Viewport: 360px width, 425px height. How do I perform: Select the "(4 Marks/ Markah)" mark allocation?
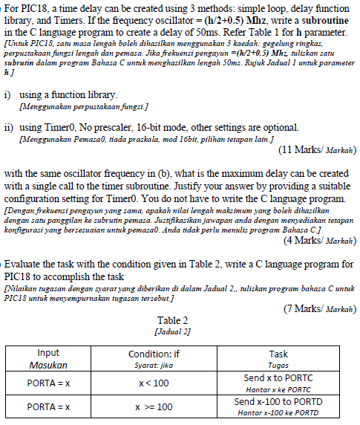coord(318,240)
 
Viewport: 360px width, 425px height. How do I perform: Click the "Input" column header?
coord(48,353)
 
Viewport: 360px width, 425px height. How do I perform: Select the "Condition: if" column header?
coord(154,354)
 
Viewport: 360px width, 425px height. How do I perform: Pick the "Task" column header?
coord(278,354)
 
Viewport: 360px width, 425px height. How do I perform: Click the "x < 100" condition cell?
coord(154,383)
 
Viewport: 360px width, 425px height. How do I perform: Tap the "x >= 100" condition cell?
coord(154,407)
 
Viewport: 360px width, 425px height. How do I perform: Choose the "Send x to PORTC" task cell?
coord(278,377)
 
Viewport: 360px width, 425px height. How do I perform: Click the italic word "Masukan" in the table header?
coord(48,366)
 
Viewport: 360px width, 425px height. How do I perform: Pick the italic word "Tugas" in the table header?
coord(278,366)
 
